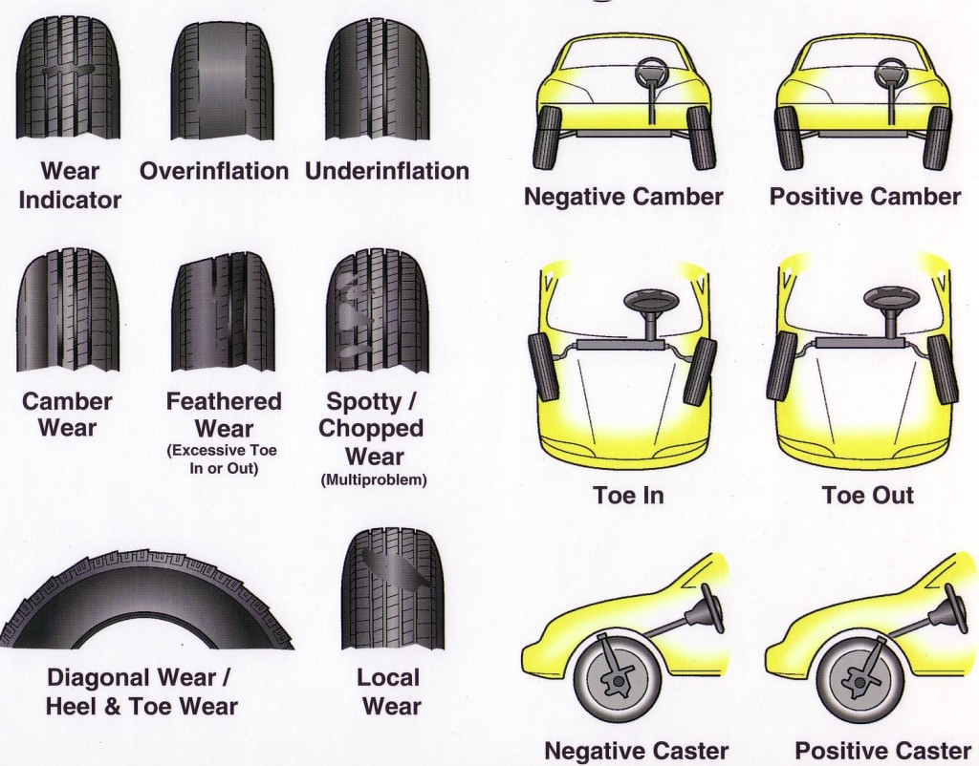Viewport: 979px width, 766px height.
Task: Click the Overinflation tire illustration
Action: coord(223,81)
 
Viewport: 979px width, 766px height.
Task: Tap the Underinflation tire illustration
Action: coord(378,81)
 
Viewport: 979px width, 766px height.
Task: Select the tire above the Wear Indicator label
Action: coord(68,81)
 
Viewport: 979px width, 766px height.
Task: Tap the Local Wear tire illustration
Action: coord(393,589)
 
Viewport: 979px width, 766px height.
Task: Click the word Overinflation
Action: coord(214,171)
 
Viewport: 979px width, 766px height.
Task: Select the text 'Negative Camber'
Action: coord(623,197)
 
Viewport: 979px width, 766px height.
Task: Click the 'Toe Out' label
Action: coord(868,495)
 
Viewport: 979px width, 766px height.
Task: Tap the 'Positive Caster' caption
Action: coord(883,751)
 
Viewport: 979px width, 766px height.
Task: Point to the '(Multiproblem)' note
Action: coord(374,479)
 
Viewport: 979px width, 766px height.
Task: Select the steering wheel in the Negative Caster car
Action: coord(711,606)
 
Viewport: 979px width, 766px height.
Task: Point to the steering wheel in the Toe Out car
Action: coord(890,301)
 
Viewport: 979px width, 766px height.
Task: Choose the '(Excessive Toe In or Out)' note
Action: coord(223,459)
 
